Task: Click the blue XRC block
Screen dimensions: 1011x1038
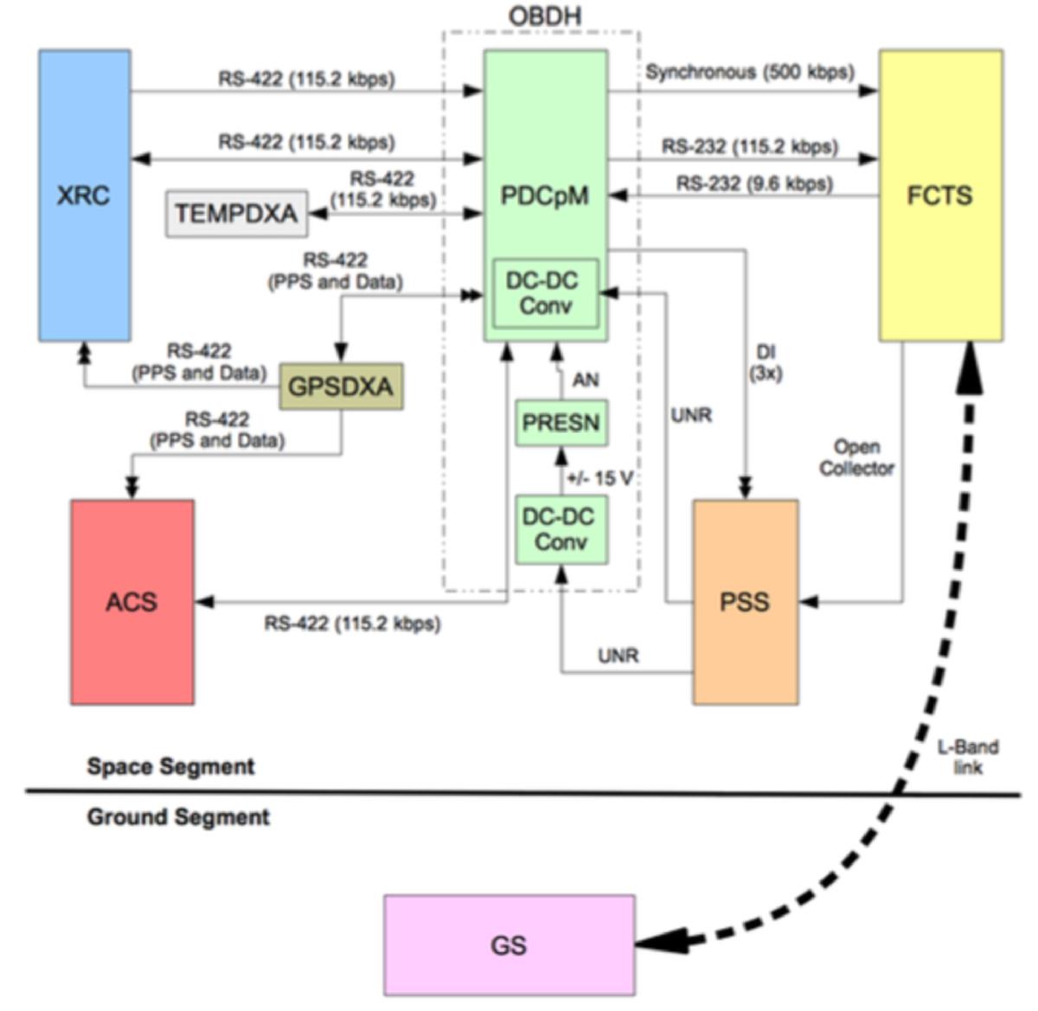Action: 85,195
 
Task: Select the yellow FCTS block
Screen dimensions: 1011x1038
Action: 940,195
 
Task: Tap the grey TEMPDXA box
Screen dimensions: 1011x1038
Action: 236,214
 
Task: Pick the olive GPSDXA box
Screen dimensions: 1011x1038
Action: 341,387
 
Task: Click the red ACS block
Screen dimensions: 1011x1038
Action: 132,602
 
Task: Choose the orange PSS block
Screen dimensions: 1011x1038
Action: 745,602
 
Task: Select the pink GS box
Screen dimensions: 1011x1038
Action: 509,945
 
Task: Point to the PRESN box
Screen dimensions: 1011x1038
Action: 561,423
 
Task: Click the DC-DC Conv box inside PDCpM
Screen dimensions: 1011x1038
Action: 545,293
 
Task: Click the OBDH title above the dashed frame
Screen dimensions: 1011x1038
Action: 544,16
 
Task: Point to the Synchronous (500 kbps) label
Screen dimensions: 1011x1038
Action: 749,72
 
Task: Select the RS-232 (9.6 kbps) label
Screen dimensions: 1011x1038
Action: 754,183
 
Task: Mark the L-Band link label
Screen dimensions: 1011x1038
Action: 968,757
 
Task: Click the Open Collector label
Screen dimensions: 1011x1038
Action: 856,458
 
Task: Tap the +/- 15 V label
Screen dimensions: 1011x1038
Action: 600,478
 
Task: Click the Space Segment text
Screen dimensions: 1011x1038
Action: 170,766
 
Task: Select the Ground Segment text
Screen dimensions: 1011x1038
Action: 178,817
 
